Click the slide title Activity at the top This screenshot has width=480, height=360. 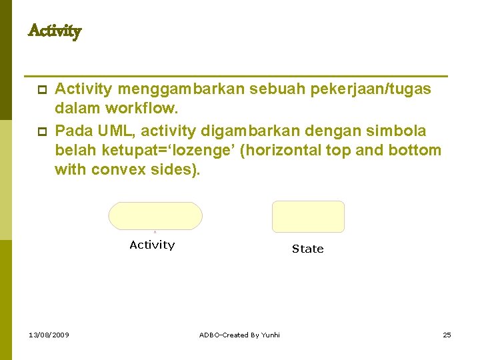(55, 31)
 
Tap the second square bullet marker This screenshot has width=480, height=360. (41, 131)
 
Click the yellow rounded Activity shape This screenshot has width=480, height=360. (155, 216)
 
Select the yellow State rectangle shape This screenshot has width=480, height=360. (308, 217)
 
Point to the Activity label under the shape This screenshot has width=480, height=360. (152, 245)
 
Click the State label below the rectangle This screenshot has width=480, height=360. (307, 249)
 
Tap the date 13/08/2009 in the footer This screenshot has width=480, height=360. (49, 335)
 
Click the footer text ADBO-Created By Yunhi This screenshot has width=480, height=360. (239, 335)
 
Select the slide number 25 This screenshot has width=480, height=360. (447, 335)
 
